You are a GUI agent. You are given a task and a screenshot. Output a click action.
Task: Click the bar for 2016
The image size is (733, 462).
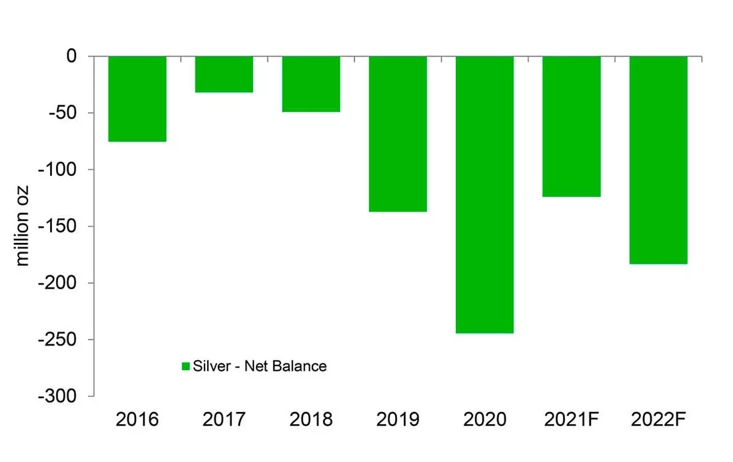click(137, 99)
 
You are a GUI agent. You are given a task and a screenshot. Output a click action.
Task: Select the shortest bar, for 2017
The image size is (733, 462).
click(225, 75)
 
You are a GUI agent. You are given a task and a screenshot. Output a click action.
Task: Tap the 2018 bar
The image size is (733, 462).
click(311, 84)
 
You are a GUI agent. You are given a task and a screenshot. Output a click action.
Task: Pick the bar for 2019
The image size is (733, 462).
click(398, 134)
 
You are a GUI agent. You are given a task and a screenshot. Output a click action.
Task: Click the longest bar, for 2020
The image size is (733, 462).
click(484, 195)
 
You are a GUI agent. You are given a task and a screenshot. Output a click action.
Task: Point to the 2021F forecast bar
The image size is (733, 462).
click(572, 126)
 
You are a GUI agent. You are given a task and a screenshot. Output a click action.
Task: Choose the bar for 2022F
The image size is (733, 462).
click(658, 160)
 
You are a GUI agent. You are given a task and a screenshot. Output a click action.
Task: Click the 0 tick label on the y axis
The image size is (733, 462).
click(71, 56)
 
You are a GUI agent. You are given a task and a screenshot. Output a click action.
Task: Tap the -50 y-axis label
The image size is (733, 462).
click(63, 113)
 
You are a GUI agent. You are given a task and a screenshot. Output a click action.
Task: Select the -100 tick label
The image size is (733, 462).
click(58, 170)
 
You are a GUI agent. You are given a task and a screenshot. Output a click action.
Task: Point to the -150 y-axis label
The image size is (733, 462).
click(58, 226)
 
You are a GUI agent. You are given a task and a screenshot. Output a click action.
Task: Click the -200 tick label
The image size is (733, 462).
click(58, 283)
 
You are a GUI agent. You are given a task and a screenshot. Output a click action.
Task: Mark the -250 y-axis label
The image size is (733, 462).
click(58, 340)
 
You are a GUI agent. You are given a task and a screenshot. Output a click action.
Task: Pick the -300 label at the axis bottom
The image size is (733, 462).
click(58, 396)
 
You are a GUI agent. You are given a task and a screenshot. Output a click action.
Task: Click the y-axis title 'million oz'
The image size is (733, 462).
click(22, 226)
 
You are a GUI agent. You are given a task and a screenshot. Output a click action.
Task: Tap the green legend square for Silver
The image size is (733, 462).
click(186, 366)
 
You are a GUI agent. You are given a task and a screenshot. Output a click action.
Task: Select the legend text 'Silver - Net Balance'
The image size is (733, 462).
click(260, 366)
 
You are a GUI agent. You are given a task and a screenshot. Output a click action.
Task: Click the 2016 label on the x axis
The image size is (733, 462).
click(137, 419)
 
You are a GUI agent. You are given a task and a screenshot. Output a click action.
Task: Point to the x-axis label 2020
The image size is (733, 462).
click(484, 419)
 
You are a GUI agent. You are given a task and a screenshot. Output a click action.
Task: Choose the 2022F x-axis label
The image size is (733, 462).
click(658, 419)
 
